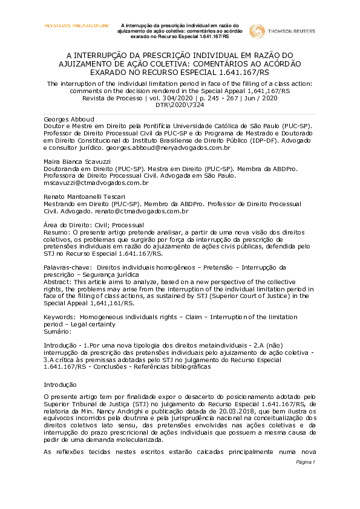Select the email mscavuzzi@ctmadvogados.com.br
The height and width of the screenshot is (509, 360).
96,183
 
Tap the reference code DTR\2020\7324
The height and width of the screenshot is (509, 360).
180,104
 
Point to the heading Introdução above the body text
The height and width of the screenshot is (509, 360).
60,384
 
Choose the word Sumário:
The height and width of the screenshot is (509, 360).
58,331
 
